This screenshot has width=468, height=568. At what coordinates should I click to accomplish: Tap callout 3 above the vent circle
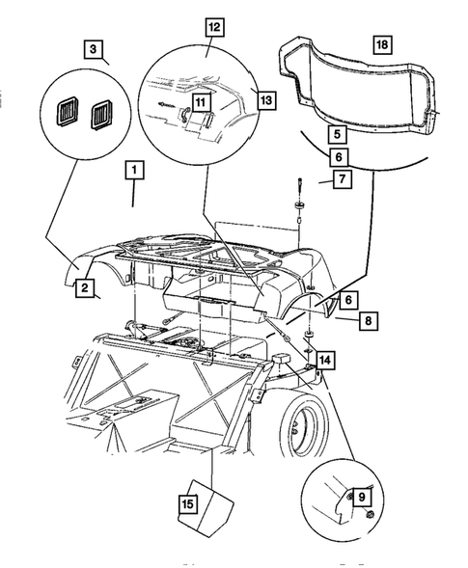93,48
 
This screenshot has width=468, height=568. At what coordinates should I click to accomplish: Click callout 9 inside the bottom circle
363,497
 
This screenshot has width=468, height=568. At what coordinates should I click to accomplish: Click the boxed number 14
327,360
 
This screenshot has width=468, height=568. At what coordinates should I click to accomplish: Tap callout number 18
382,44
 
